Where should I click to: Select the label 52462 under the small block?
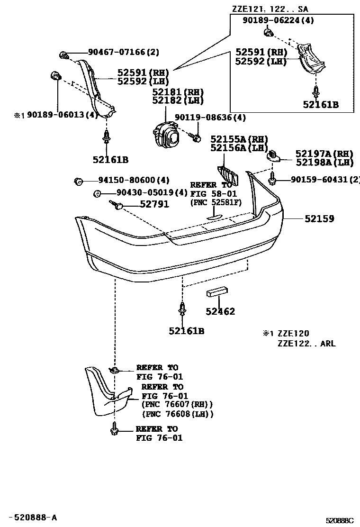[220, 311]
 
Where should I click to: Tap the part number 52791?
[154, 204]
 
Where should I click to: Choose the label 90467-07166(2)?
[123, 52]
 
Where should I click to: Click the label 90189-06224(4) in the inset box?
[278, 20]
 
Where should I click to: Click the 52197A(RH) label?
[324, 154]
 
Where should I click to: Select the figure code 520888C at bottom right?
[339, 520]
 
